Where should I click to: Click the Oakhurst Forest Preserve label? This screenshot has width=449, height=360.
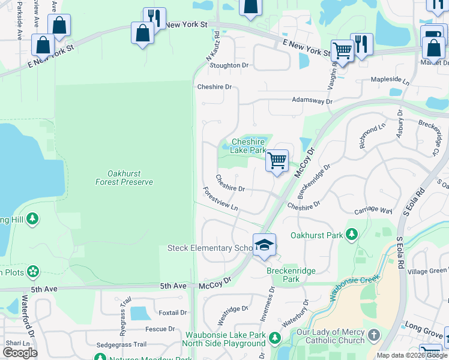click(x=124, y=178)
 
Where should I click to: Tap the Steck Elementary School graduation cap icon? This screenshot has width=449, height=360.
click(x=264, y=245)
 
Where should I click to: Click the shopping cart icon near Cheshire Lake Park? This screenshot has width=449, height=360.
click(x=277, y=161)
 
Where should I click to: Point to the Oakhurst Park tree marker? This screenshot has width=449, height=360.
click(x=352, y=235)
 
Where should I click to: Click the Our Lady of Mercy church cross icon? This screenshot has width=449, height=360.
click(x=373, y=334)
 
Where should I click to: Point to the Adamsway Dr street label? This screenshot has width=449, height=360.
click(x=312, y=101)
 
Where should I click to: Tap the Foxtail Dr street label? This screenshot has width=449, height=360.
click(x=173, y=313)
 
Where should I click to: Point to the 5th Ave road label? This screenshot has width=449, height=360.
click(x=44, y=289)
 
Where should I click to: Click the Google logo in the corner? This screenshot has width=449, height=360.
click(x=20, y=353)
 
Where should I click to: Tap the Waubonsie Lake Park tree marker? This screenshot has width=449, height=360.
click(x=275, y=338)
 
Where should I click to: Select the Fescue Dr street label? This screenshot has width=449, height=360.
click(x=160, y=329)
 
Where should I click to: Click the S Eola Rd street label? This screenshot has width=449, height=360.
click(x=410, y=208)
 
